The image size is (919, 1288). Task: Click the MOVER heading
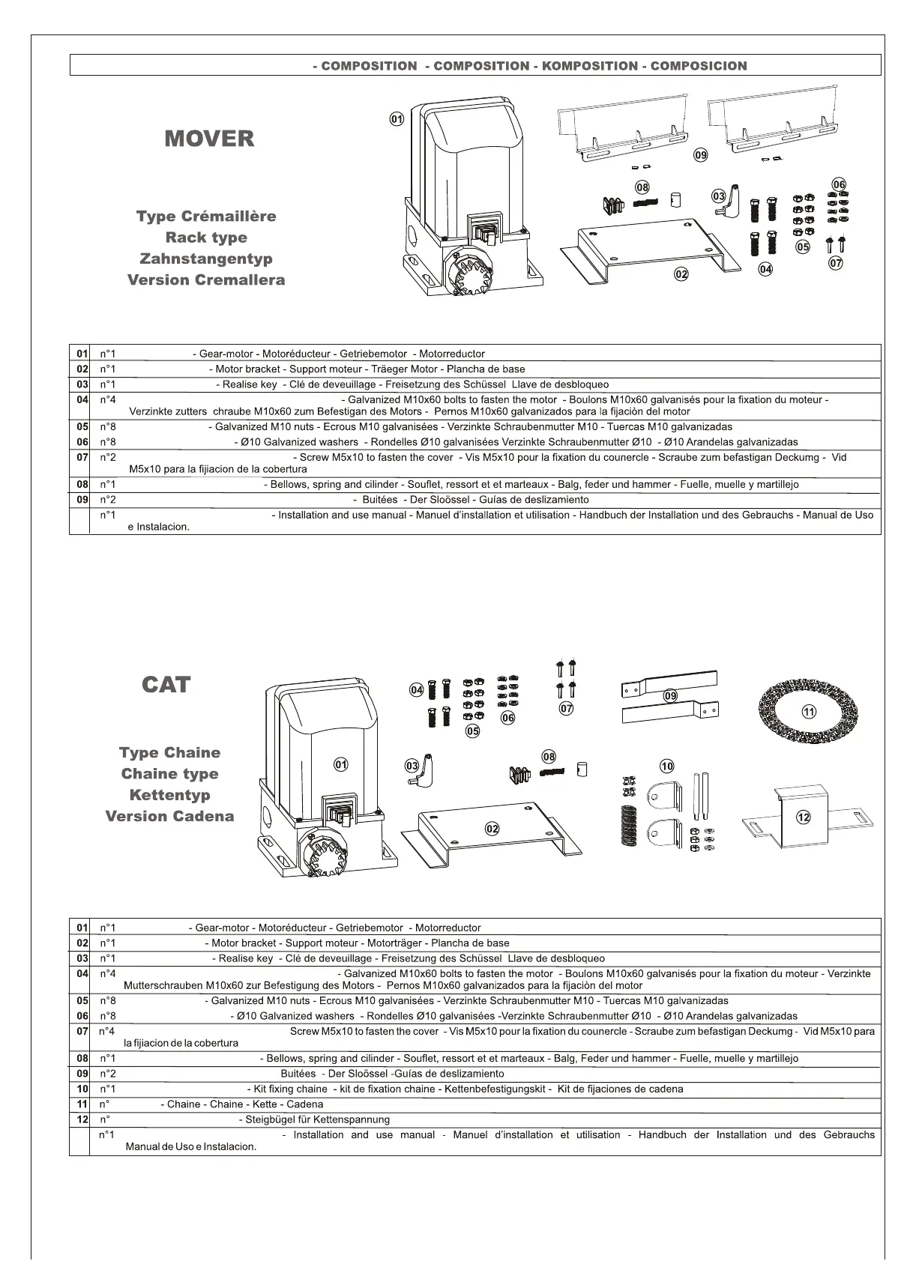pyautogui.click(x=209, y=139)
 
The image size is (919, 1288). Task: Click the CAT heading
pyautogui.click(x=166, y=685)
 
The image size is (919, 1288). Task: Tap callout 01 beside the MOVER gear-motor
pyautogui.click(x=397, y=118)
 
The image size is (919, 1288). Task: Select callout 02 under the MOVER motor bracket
pyautogui.click(x=681, y=274)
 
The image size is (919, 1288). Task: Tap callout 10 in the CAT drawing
pyautogui.click(x=667, y=766)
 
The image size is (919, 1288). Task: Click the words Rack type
pyautogui.click(x=206, y=238)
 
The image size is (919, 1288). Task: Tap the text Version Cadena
pyautogui.click(x=170, y=816)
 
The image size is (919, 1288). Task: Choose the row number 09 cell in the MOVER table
pyautogui.click(x=82, y=500)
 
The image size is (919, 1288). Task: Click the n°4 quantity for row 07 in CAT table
pyautogui.click(x=107, y=1032)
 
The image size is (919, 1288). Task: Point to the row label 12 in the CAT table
pyautogui.click(x=82, y=1119)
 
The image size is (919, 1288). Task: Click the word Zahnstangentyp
pyautogui.click(x=206, y=258)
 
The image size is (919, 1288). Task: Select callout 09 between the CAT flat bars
pyautogui.click(x=670, y=696)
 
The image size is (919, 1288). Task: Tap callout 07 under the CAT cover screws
pyautogui.click(x=567, y=707)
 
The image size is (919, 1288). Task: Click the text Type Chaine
pyautogui.click(x=170, y=753)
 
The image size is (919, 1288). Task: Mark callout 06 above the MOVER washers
pyautogui.click(x=839, y=184)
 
